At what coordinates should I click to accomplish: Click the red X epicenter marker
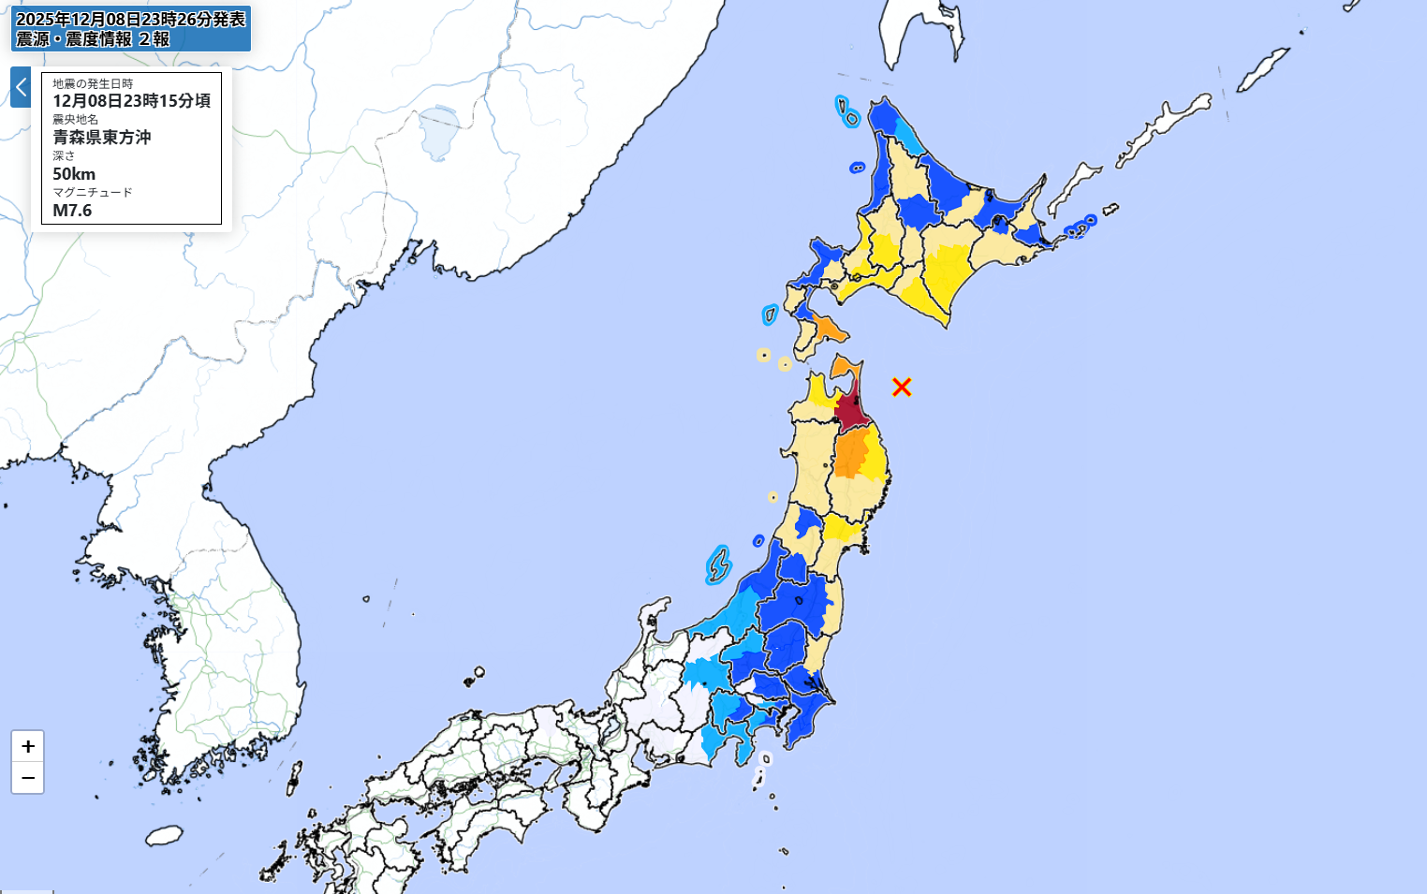point(902,387)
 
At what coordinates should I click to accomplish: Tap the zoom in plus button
point(28,746)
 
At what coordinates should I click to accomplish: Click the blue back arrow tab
point(21,87)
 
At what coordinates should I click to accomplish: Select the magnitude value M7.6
point(72,211)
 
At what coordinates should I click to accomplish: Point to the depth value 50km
point(74,174)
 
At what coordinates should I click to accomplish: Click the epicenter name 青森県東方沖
point(101,138)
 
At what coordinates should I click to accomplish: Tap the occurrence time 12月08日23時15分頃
point(131,101)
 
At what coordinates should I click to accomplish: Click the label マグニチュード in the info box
point(93,193)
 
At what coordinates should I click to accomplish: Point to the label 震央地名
point(75,120)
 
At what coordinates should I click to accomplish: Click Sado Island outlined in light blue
point(718,565)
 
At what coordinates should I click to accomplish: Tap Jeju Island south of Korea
point(164,835)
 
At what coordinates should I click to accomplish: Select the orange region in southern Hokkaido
point(828,329)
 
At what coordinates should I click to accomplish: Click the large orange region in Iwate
point(851,455)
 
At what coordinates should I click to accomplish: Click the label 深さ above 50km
point(64,156)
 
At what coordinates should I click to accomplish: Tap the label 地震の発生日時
point(93,84)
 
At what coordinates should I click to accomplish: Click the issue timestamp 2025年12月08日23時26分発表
point(131,20)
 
